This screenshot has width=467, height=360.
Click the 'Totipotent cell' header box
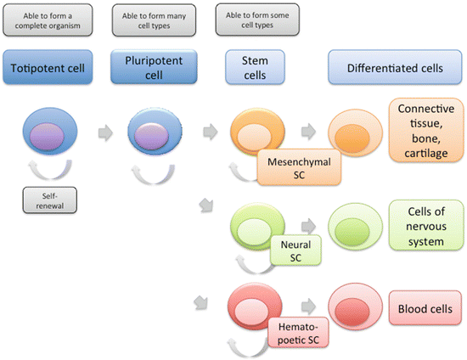pyautogui.click(x=48, y=67)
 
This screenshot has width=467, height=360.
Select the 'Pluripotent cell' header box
pyautogui.click(x=154, y=67)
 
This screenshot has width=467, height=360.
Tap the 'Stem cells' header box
pyautogui.click(x=255, y=67)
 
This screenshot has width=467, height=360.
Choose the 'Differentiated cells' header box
pyautogui.click(x=395, y=67)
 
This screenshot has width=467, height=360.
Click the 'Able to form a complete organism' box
pyautogui.click(x=48, y=20)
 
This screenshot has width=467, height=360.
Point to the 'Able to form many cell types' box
pyautogui.click(x=154, y=20)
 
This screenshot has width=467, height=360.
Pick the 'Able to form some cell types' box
pyautogui.click(x=257, y=20)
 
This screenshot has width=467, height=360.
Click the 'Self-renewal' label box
pyautogui.click(x=50, y=200)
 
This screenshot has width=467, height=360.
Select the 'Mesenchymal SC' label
pyautogui.click(x=299, y=167)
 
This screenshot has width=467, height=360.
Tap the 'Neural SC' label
pyautogui.click(x=295, y=250)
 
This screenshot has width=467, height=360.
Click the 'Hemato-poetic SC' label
pyautogui.click(x=298, y=332)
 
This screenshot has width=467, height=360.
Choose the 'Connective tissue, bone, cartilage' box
pyautogui.click(x=426, y=130)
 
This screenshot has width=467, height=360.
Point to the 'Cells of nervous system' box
pyautogui.click(x=426, y=225)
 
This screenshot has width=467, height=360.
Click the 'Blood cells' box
pyautogui.click(x=425, y=308)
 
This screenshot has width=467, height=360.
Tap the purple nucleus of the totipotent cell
pyautogui.click(x=47, y=137)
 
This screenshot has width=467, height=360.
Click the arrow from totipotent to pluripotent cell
pyautogui.click(x=105, y=132)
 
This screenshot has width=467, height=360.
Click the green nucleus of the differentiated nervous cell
pyautogui.click(x=352, y=232)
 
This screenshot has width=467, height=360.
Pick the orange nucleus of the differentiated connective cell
pyautogui.click(x=352, y=138)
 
